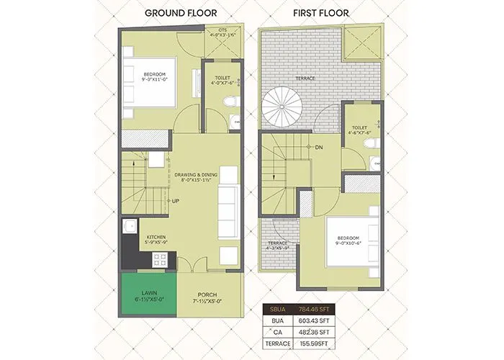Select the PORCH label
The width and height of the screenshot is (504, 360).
[208, 294]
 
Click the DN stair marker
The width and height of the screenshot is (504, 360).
[319, 147]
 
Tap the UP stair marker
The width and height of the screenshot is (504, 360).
[176, 201]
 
